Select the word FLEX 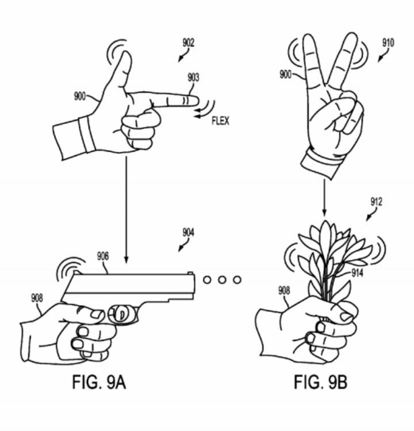(220, 121)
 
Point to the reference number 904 (188, 233)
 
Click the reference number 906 (102, 257)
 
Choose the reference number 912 (377, 202)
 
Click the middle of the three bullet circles (221, 280)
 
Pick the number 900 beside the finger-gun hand (80, 96)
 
